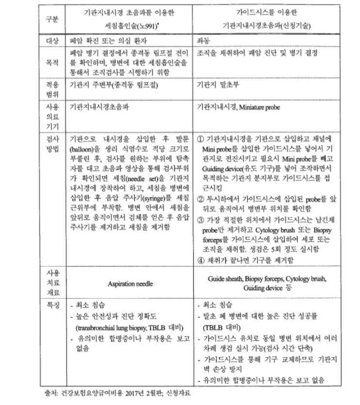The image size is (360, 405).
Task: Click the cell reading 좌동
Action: pos(204,41)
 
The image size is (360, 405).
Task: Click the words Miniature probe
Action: pos(265,106)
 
